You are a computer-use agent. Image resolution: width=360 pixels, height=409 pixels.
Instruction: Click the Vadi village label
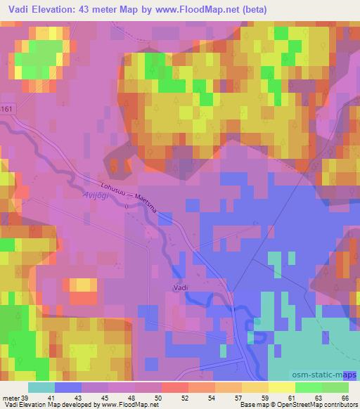click(181, 287)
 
